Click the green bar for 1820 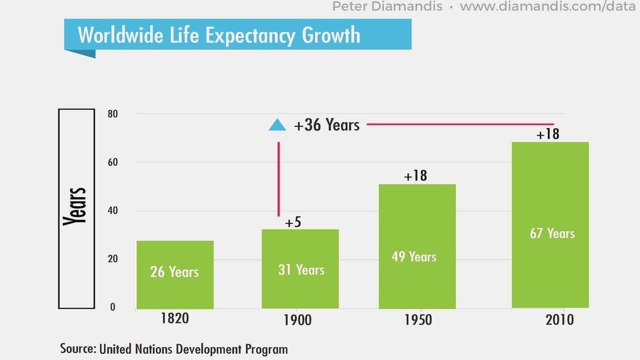175,274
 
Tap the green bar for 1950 417,246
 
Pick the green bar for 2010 550,225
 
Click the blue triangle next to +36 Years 277,125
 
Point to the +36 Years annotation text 326,125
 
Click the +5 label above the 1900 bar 293,222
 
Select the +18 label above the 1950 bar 415,175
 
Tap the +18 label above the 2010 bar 548,134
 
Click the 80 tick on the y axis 113,114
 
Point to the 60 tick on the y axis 113,162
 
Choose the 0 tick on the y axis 113,308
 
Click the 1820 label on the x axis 175,319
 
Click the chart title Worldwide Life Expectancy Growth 219,35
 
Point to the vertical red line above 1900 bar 278,179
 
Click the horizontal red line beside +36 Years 460,124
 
